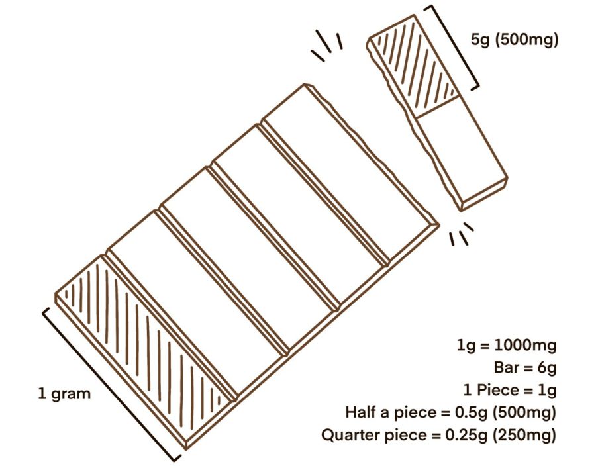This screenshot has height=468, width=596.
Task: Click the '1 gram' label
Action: (65, 394)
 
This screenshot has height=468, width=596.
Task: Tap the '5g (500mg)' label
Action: (515, 40)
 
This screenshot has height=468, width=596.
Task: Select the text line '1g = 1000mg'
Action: (507, 346)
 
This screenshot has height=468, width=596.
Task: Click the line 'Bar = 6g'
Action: (525, 368)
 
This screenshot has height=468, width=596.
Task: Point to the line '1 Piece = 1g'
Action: (510, 390)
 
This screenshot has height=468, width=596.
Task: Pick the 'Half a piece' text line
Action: (451, 412)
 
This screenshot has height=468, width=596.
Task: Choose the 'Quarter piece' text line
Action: (438, 435)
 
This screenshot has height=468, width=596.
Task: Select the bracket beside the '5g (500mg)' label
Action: (454, 48)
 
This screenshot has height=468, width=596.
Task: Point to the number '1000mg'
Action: (525, 346)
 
